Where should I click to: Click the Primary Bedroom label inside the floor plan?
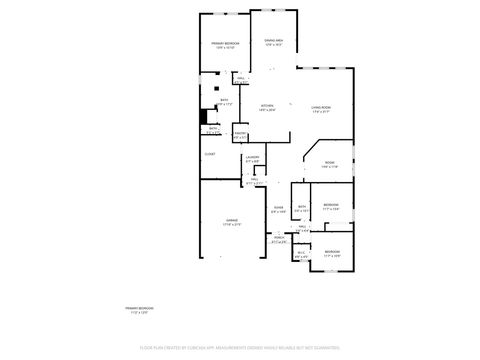[x=224, y=44]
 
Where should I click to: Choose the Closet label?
[x=210, y=154]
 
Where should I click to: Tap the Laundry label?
[x=253, y=159]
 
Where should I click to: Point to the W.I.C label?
[x=302, y=254]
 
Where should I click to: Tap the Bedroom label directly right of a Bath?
[x=331, y=205]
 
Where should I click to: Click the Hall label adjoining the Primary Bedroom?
[x=242, y=78]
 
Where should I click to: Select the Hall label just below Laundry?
[x=254, y=180]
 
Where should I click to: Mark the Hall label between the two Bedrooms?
[x=302, y=228]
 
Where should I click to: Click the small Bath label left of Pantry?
[x=214, y=129]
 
